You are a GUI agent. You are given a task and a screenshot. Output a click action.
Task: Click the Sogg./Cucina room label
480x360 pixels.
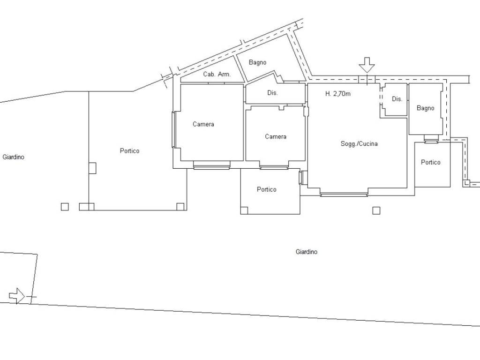click(359, 143)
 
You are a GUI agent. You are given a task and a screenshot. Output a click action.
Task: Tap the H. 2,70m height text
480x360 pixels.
click(337, 94)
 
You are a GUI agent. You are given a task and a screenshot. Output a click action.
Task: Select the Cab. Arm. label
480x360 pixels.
click(217, 74)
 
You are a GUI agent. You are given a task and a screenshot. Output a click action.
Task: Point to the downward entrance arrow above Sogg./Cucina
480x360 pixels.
click(367, 65)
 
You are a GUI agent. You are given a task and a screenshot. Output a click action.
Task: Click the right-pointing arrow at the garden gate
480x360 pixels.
click(17, 296)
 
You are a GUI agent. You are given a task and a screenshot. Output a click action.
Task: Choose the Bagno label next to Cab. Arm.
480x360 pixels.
click(257, 62)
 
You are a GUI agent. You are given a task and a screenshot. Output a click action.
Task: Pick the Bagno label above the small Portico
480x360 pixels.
click(425, 108)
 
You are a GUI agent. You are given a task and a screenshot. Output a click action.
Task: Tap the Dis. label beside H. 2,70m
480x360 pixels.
click(397, 99)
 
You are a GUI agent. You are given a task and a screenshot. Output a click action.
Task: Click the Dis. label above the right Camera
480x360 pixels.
click(272, 92)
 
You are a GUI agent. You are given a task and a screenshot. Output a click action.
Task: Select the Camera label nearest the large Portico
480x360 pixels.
click(203, 124)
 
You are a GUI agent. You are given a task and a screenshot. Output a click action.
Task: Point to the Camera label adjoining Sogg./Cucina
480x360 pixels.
click(276, 136)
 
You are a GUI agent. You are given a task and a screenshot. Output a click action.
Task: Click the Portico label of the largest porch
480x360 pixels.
click(129, 150)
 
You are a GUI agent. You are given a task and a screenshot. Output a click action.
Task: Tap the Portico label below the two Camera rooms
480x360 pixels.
click(267, 189)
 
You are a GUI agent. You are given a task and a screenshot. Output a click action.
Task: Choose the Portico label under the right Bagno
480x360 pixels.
click(431, 162)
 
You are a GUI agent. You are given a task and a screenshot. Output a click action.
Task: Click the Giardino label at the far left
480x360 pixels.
click(13, 157)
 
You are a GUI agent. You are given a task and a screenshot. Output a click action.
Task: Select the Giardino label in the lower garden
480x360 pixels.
click(307, 252)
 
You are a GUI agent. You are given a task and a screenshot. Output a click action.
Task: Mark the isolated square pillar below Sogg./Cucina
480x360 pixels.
click(376, 210)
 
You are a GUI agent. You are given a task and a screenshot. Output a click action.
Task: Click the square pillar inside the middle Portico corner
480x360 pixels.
click(244, 210)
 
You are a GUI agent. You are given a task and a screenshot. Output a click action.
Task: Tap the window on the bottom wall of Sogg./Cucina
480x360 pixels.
click(344, 194)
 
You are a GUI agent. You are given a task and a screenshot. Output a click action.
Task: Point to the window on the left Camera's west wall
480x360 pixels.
click(173, 130)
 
